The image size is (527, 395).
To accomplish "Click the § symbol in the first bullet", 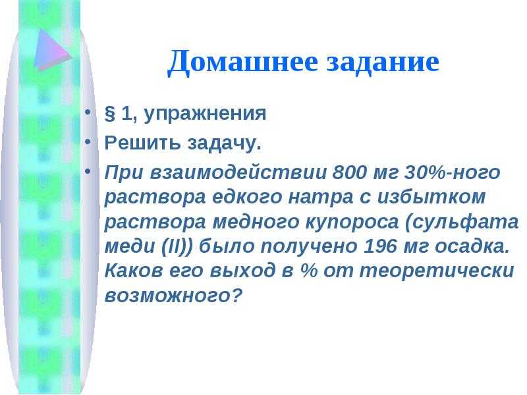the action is click(110, 113).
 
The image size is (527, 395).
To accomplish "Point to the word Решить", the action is click(142, 142).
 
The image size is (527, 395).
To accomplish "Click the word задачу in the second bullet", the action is click(224, 143).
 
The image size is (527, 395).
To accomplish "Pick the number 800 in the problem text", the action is click(349, 172).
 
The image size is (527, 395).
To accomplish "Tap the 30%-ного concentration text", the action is click(453, 172).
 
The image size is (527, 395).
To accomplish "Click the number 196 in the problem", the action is click(381, 246).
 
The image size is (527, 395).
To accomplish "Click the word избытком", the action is click(431, 197).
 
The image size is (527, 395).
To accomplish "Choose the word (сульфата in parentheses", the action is click(462, 223).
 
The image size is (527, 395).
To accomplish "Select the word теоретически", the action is click(437, 271).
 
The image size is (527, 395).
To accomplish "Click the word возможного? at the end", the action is click(173, 296).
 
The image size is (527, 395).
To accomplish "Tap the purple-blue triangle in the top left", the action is click(53, 50).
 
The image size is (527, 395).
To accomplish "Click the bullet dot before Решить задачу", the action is click(88, 142).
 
